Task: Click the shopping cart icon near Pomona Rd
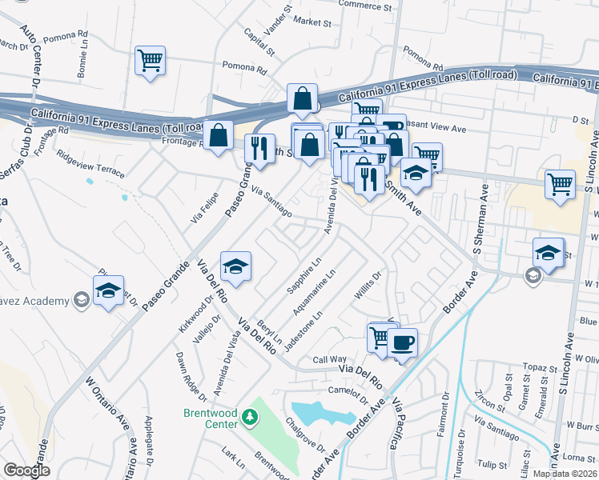tap(150, 61)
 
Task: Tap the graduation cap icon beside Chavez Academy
tap(108, 290)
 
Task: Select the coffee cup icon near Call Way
tap(402, 343)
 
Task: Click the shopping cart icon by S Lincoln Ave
tap(559, 183)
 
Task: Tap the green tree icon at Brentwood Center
tap(250, 417)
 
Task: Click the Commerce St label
tap(368, 5)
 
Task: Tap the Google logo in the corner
tap(26, 470)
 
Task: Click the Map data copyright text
tap(565, 474)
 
